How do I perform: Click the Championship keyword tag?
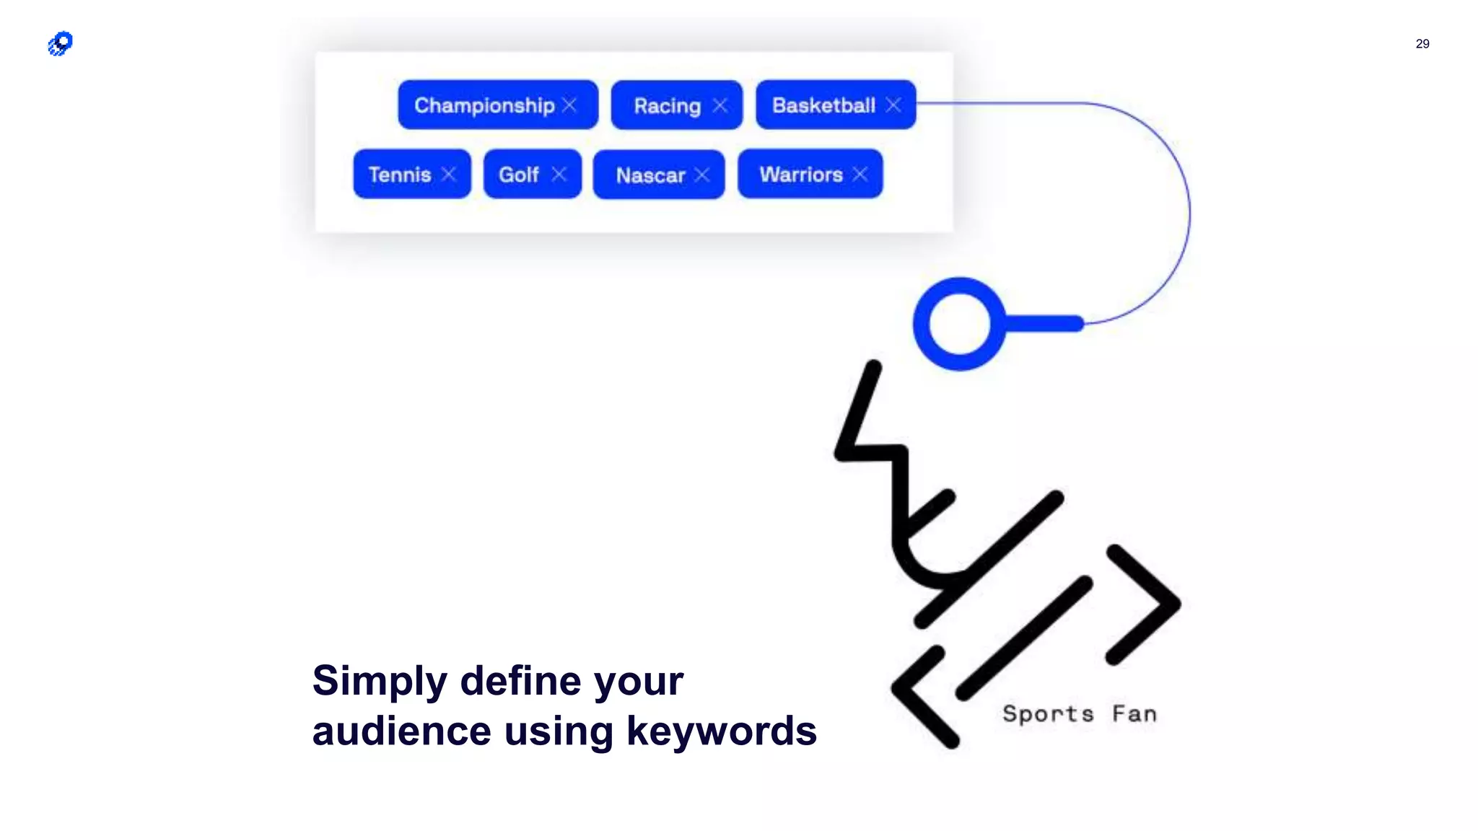point(484,105)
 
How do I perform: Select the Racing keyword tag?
point(667,106)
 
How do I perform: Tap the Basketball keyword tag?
point(823,105)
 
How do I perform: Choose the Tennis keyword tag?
point(400,175)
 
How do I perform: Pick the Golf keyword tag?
point(519,175)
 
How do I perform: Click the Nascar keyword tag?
point(650,175)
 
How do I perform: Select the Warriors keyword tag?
point(801,175)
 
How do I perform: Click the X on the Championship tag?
point(570,105)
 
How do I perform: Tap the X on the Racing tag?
point(720,106)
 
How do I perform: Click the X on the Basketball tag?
point(893,105)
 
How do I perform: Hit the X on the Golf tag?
point(559,175)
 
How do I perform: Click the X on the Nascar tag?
point(702,175)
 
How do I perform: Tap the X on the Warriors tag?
point(860,175)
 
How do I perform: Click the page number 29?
point(1422,44)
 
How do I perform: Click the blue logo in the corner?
point(61,43)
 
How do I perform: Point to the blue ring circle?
point(959,324)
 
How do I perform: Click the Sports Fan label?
point(1080,714)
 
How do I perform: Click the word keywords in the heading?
point(721,731)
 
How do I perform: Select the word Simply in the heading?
point(380,681)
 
